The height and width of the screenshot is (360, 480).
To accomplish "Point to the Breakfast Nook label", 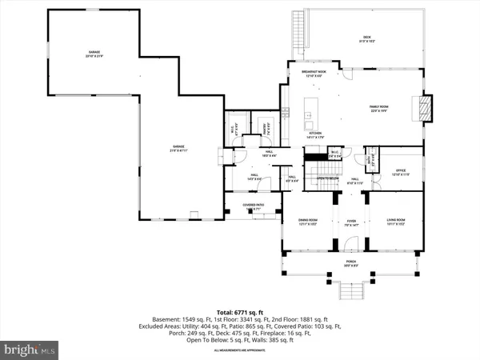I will pyautogui.click(x=314, y=73).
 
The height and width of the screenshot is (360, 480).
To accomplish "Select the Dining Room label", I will pyautogui.click(x=308, y=223).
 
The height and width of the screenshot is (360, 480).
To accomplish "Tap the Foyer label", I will pyautogui.click(x=350, y=223).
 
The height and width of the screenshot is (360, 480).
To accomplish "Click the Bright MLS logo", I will pyautogui.click(x=30, y=348).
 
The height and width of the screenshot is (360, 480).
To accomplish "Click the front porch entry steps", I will pyautogui.click(x=350, y=290).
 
